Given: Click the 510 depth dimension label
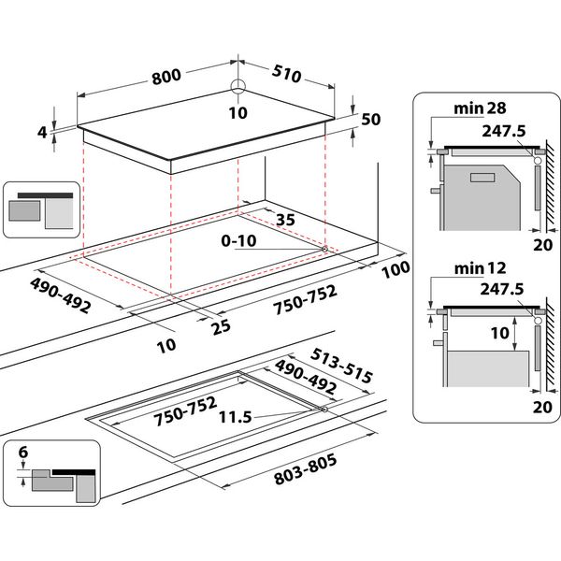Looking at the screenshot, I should click(285, 73).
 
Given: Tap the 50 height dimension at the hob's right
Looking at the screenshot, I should click(370, 119).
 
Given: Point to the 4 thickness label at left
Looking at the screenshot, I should click(42, 133).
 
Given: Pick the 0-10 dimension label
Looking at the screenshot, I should click(240, 241).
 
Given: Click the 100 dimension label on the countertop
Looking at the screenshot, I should click(396, 271).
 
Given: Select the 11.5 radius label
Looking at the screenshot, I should click(238, 418).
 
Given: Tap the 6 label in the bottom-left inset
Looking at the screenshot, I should click(24, 451).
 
